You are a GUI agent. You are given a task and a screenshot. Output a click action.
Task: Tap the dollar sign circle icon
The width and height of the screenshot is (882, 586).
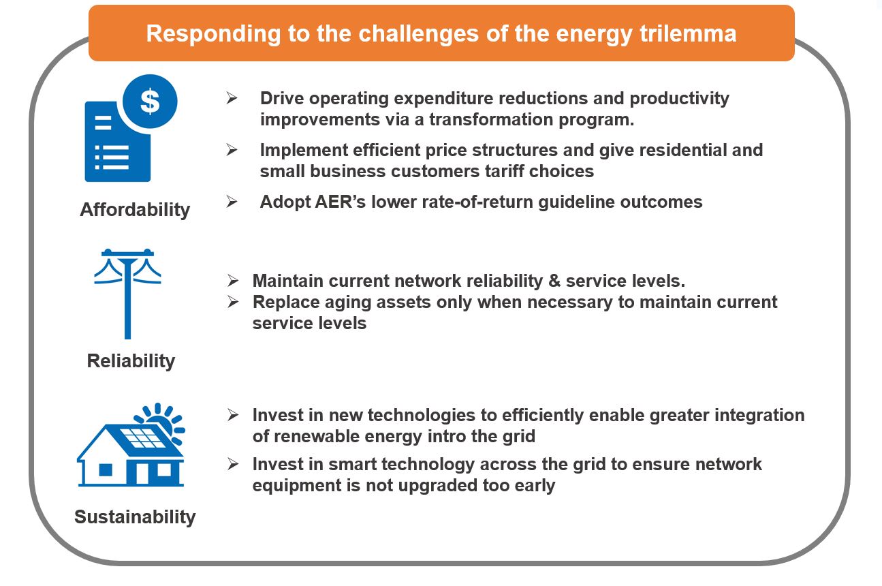(x=150, y=102)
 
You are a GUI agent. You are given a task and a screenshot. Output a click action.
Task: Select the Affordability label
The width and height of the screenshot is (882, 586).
(x=135, y=209)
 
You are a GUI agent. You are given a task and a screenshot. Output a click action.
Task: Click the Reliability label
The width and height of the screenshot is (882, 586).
(x=131, y=360)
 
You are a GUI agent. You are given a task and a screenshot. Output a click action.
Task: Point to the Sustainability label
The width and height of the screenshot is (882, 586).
(x=135, y=516)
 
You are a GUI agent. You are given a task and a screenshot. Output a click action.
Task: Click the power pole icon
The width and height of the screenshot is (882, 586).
(x=127, y=294)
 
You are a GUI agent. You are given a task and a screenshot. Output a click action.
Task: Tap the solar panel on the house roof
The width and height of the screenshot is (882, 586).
(x=142, y=438)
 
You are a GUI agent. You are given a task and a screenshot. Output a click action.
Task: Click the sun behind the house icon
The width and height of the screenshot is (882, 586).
(x=166, y=421)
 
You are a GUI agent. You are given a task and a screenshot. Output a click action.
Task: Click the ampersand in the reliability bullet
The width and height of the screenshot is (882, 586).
(x=554, y=281)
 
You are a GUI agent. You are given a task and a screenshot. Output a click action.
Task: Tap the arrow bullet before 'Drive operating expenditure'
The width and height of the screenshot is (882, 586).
(x=232, y=97)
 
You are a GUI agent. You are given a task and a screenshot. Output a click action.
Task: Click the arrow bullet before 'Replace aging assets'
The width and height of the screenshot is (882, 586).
(x=233, y=302)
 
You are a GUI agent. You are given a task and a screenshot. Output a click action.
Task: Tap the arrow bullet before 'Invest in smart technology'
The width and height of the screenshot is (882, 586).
(x=233, y=464)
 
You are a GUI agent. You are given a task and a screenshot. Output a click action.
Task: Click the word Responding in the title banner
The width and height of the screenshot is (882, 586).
(x=213, y=34)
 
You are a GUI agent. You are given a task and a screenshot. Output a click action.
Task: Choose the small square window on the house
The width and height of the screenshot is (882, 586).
(x=106, y=470)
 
